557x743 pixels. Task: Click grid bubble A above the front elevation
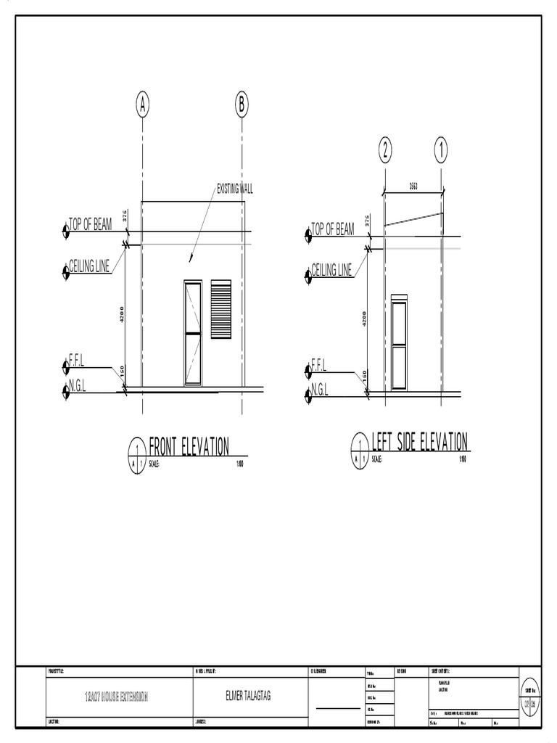click(x=143, y=105)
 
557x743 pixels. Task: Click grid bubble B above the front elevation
click(x=242, y=105)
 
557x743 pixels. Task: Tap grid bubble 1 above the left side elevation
click(x=441, y=151)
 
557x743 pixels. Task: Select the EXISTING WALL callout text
click(x=235, y=189)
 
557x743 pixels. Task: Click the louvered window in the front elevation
click(x=221, y=310)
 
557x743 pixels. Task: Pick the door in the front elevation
click(x=193, y=333)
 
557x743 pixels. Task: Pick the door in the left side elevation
click(x=399, y=339)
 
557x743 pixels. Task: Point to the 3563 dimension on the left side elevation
click(x=413, y=186)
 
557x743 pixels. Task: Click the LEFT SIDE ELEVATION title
click(x=419, y=441)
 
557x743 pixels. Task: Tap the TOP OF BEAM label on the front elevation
click(x=91, y=225)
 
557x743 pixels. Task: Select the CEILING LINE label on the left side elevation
click(x=331, y=271)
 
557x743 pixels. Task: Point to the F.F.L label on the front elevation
click(x=78, y=359)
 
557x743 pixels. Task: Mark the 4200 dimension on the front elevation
click(x=123, y=316)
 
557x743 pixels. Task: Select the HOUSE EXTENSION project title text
click(x=116, y=697)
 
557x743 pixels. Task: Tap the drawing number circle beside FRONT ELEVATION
click(x=136, y=455)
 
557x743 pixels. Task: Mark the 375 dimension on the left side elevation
click(x=367, y=221)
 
